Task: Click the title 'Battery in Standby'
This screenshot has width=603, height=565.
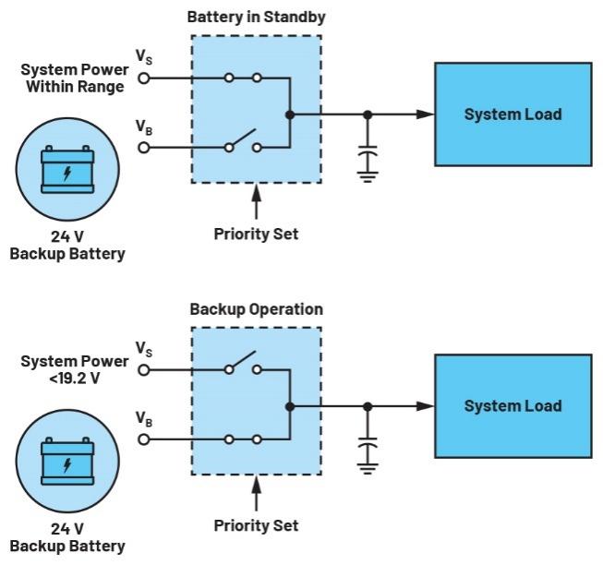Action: pyautogui.click(x=256, y=18)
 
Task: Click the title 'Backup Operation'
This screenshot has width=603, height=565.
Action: pyautogui.click(x=256, y=308)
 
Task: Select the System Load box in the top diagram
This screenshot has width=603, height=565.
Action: pyautogui.click(x=513, y=114)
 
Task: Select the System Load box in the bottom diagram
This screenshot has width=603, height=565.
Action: pyautogui.click(x=513, y=406)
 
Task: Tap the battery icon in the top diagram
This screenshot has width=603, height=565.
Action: pyautogui.click(x=66, y=174)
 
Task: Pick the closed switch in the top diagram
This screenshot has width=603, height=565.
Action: pyautogui.click(x=241, y=78)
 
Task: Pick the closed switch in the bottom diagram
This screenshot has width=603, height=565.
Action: pyautogui.click(x=241, y=439)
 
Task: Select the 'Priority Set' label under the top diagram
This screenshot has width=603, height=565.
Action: pyautogui.click(x=256, y=234)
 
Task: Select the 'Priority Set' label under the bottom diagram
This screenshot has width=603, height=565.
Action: pyautogui.click(x=256, y=525)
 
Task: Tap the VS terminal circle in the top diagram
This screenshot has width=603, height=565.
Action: pyautogui.click(x=144, y=78)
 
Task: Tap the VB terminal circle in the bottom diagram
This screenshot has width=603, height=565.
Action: pyautogui.click(x=144, y=439)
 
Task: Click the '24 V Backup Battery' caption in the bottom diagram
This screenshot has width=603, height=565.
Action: pyautogui.click(x=66, y=536)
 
